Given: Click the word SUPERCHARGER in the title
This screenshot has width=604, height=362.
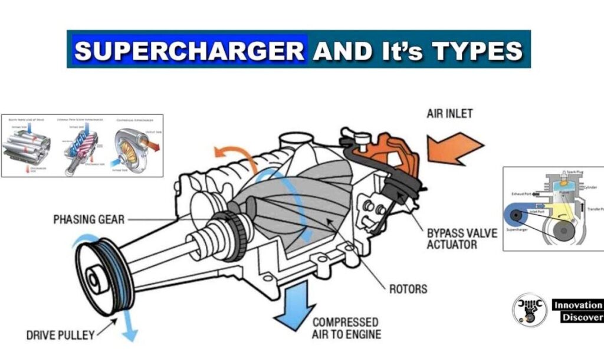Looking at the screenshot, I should click(x=189, y=51).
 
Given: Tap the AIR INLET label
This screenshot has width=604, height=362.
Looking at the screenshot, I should click(x=449, y=113).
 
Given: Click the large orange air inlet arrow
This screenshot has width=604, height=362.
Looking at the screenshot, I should click(x=455, y=147).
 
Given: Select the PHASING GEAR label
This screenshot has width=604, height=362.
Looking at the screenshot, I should click(x=89, y=219).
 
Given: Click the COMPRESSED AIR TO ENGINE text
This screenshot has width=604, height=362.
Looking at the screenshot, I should click(x=346, y=328).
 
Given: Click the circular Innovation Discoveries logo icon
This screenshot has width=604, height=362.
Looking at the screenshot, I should click(x=529, y=310).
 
